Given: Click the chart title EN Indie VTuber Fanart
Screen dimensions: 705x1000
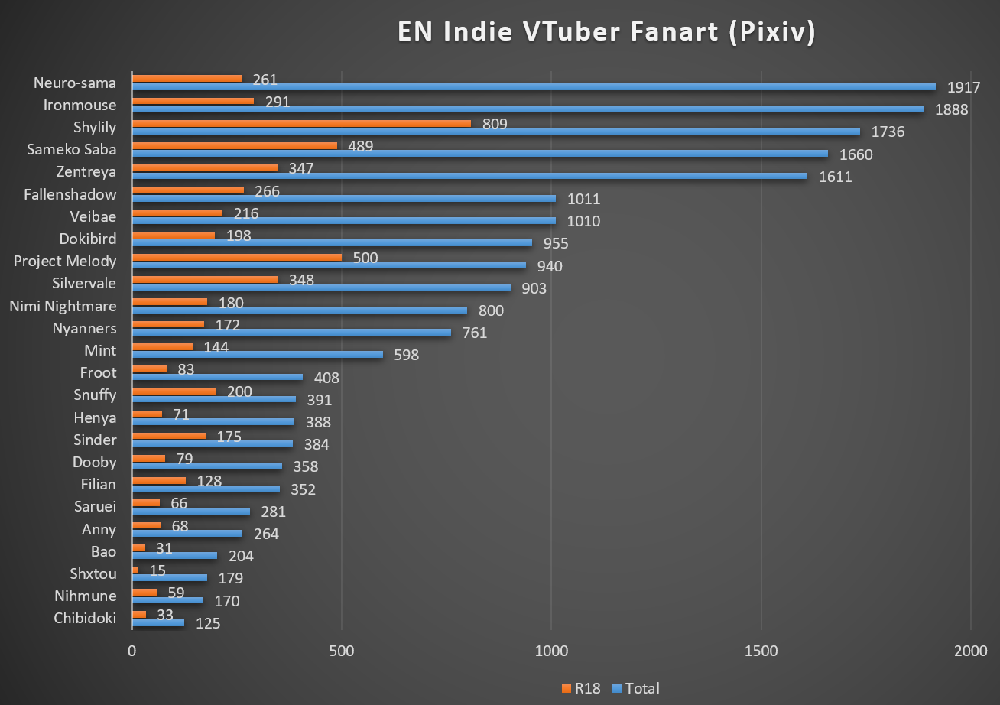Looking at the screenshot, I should pyautogui.click(x=606, y=33).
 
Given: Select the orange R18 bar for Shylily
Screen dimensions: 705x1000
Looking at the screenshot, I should pyautogui.click(x=301, y=122).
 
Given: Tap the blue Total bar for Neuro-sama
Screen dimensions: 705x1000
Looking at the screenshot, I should pyautogui.click(x=534, y=86).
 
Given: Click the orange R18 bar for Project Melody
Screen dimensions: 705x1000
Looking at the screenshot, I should pyautogui.click(x=237, y=257).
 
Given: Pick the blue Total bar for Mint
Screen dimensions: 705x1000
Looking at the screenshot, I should pyautogui.click(x=258, y=354).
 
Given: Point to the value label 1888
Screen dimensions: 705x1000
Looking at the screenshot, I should pyautogui.click(x=952, y=109).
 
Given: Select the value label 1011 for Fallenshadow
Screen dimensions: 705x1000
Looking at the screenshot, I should pyautogui.click(x=583, y=199).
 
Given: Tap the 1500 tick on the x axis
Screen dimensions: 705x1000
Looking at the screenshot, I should pyautogui.click(x=762, y=651).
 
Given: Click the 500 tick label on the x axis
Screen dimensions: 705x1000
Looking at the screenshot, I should pyautogui.click(x=342, y=651).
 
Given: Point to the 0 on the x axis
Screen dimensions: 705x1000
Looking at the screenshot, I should pyautogui.click(x=132, y=651).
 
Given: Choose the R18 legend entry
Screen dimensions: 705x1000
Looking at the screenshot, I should pyautogui.click(x=580, y=688).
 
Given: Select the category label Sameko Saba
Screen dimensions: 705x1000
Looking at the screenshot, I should pyautogui.click(x=71, y=149).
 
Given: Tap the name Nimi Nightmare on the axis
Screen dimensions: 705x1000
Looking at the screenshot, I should pyautogui.click(x=63, y=306).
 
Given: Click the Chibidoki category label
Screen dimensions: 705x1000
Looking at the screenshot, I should pyautogui.click(x=85, y=618).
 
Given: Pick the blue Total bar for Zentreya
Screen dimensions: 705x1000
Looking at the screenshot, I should pyautogui.click(x=469, y=176).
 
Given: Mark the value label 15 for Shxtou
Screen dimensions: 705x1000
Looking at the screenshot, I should pyautogui.click(x=158, y=570).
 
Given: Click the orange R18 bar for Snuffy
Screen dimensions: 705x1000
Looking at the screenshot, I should pyautogui.click(x=174, y=391).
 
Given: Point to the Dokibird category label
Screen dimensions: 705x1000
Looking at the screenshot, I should pyautogui.click(x=88, y=239).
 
